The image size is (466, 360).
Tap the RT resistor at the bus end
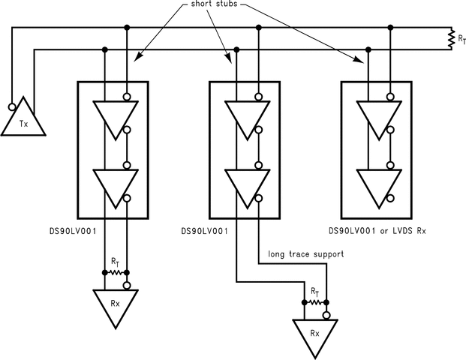[451, 39]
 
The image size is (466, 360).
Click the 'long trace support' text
[305, 254]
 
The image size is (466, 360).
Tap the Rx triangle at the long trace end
[315, 336]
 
